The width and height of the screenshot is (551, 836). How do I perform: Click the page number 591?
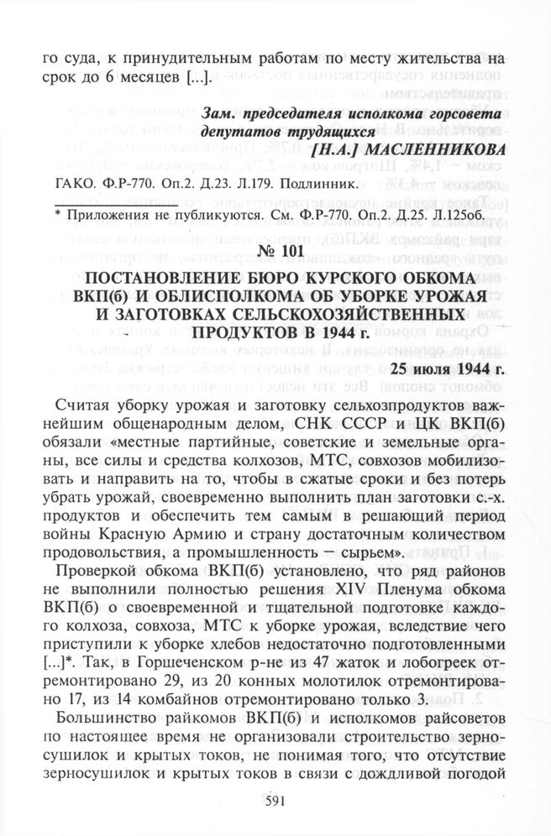(x=276, y=801)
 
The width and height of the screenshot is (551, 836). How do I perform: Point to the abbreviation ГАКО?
(x=72, y=180)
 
